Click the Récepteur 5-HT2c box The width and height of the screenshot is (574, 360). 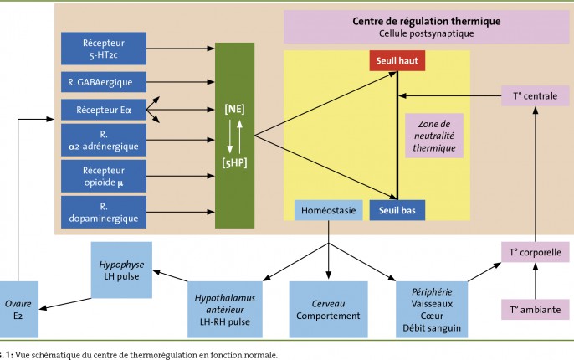pyautogui.click(x=104, y=49)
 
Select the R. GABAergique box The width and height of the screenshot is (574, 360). pyautogui.click(x=104, y=82)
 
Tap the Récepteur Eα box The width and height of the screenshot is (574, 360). pyautogui.click(x=104, y=110)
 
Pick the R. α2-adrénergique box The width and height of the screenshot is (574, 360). pyautogui.click(x=104, y=141)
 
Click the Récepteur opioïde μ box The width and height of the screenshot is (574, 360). pyautogui.click(x=104, y=176)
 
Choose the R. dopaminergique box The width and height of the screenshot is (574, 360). pyautogui.click(x=104, y=213)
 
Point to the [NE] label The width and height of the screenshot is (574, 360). pyautogui.click(x=234, y=109)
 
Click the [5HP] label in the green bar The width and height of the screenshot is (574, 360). pyautogui.click(x=234, y=162)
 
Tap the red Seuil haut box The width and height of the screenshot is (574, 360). pyautogui.click(x=397, y=61)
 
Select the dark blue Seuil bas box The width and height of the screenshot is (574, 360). pyautogui.click(x=397, y=210)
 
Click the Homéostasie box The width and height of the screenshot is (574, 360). pyautogui.click(x=328, y=210)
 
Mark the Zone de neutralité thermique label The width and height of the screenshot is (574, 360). pyautogui.click(x=434, y=136)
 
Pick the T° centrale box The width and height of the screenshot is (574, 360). pyautogui.click(x=536, y=96)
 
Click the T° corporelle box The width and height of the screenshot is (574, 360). pyautogui.click(x=536, y=252)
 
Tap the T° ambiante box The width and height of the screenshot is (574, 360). pyautogui.click(x=536, y=310)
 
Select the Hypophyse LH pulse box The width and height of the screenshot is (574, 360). pyautogui.click(x=121, y=270)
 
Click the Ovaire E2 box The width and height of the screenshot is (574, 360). pyautogui.click(x=18, y=310)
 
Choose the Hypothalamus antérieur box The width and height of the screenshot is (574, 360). pyautogui.click(x=225, y=310)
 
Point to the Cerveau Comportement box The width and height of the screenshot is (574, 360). pyautogui.click(x=328, y=310)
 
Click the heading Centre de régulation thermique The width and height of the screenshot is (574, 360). pyautogui.click(x=427, y=21)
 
